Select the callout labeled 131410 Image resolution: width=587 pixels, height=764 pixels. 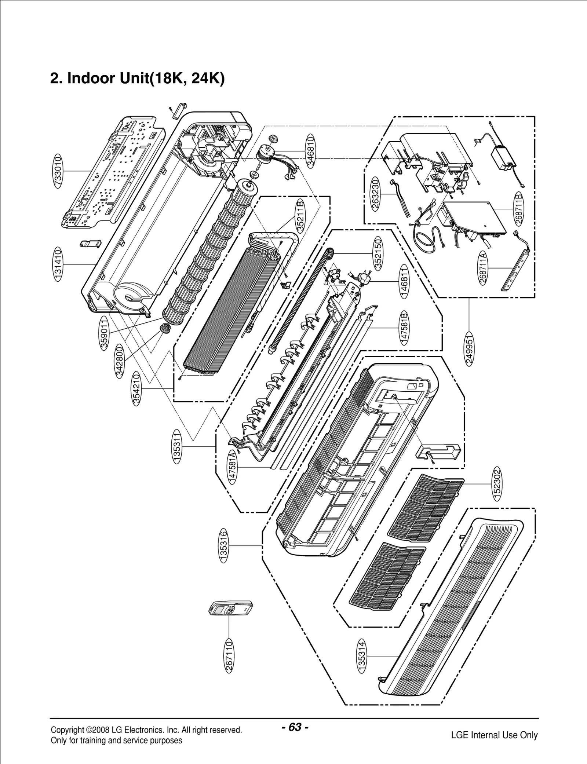point(58,264)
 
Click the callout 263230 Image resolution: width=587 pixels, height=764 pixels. point(375,193)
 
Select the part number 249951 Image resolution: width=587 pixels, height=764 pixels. point(469,348)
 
